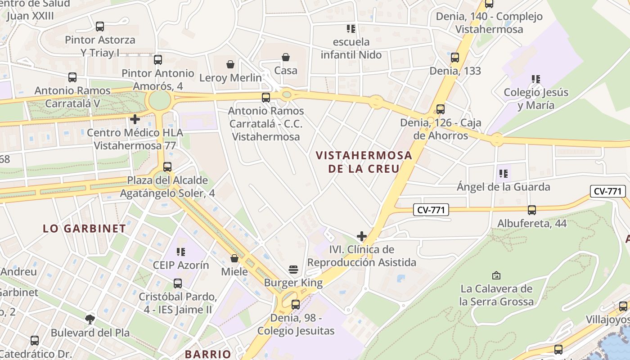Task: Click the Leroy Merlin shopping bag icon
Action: [x=230, y=64]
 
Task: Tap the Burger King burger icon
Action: [x=293, y=270]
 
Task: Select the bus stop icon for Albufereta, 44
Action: [x=531, y=210]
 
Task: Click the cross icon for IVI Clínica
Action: [x=361, y=236]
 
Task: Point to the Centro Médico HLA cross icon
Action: [x=135, y=119]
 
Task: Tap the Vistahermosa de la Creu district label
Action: [x=364, y=162]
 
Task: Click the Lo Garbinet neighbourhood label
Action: [x=85, y=228]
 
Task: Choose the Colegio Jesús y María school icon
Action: [x=535, y=79]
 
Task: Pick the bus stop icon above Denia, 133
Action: [x=455, y=58]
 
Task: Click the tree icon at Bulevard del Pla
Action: [x=90, y=319]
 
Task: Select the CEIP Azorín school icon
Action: [x=181, y=252]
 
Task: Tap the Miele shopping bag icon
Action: [x=234, y=258]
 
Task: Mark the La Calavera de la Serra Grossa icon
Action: [x=496, y=275]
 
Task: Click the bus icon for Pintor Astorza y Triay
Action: [x=100, y=27]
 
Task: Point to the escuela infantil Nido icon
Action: [x=351, y=29]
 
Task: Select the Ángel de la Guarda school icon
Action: [x=503, y=173]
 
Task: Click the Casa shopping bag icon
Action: [x=286, y=57]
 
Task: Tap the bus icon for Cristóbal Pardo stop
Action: [x=178, y=283]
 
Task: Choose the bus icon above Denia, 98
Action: [x=296, y=304]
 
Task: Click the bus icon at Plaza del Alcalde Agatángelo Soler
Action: [x=167, y=167]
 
